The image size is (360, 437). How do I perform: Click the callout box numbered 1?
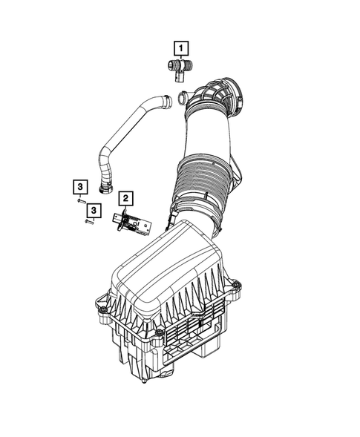pyautogui.click(x=180, y=50)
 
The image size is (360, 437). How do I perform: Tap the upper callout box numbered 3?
pyautogui.click(x=78, y=186)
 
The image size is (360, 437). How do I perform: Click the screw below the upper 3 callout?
pyautogui.click(x=79, y=200)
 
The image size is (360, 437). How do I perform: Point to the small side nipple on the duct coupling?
pyautogui.click(x=185, y=96)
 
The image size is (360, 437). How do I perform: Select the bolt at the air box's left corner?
pyautogui.click(x=97, y=301)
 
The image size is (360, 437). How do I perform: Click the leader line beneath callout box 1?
pyautogui.click(x=180, y=59)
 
